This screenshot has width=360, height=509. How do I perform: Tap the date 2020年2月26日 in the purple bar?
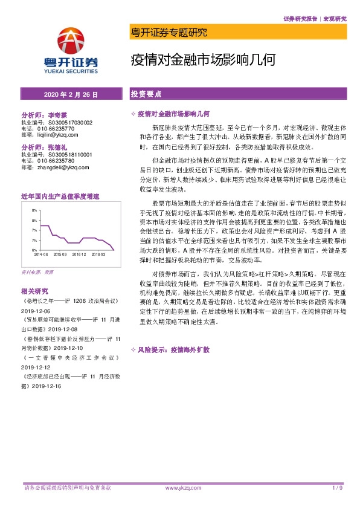71,95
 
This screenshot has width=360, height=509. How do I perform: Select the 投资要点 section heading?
147,95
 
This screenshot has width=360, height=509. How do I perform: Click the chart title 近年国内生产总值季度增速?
59,197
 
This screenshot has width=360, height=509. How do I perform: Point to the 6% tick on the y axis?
34,250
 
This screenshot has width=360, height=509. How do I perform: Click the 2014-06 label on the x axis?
40,255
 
